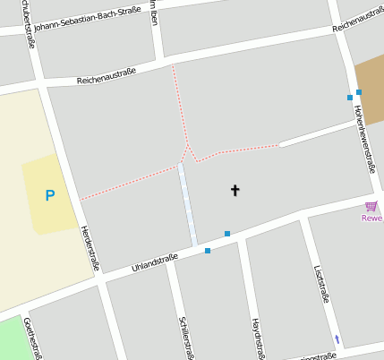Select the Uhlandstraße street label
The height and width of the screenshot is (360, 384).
(154, 262)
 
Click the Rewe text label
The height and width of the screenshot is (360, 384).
(371, 218)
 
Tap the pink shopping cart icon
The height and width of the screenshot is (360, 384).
(371, 206)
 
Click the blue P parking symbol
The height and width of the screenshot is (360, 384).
(50, 195)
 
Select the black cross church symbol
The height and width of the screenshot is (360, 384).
(235, 190)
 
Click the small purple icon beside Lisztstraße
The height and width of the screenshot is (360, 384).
(337, 339)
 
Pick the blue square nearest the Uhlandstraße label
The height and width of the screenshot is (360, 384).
(208, 251)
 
